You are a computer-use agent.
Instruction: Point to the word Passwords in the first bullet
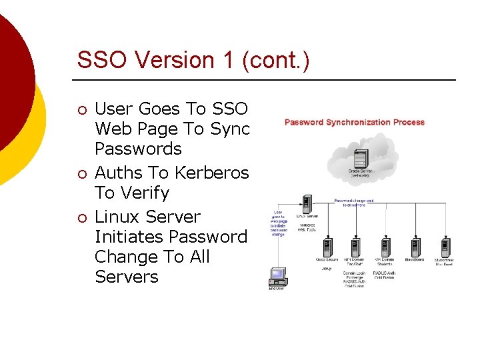(138, 148)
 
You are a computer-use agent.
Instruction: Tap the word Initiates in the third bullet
(129, 237)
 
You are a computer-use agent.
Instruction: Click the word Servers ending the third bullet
(127, 277)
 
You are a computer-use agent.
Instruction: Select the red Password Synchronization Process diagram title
(354, 123)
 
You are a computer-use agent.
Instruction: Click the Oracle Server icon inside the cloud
(361, 159)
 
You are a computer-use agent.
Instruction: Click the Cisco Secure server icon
(327, 247)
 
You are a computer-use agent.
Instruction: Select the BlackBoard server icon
(415, 247)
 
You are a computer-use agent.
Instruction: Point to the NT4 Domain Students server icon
(385, 247)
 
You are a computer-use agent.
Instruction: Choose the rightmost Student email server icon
(445, 247)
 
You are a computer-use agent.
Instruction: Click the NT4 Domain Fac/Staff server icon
(356, 247)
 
